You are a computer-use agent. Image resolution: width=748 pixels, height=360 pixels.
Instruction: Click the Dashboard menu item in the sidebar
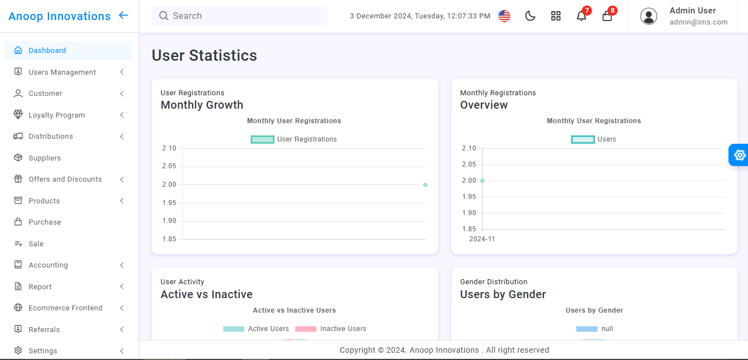[47, 51]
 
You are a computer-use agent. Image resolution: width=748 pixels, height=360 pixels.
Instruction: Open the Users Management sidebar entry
[62, 72]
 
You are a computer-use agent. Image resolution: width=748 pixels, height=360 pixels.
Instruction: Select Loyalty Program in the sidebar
[56, 115]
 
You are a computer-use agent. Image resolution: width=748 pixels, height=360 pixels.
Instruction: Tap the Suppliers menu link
[45, 158]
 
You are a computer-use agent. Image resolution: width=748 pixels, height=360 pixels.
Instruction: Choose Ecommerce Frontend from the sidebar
[65, 308]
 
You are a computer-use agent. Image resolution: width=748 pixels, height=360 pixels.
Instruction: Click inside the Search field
[240, 16]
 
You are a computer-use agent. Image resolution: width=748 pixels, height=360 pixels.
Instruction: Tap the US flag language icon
[504, 16]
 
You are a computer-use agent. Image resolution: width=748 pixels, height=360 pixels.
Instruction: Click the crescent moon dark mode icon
[530, 16]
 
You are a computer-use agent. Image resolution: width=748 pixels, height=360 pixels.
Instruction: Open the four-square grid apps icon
[556, 16]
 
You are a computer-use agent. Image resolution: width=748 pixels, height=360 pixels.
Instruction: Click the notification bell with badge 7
[581, 16]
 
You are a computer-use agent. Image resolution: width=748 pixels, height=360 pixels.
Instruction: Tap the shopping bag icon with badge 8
[607, 16]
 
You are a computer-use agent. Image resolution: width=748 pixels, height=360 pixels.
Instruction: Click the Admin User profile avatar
[648, 16]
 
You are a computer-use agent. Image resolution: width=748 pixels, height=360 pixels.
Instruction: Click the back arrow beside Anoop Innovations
[124, 16]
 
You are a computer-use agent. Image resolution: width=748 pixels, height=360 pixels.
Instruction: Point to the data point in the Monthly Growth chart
[425, 185]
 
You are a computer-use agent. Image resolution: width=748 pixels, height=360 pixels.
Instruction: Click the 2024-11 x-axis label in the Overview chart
[482, 239]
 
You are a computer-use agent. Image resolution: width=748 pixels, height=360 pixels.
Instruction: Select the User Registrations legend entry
[294, 139]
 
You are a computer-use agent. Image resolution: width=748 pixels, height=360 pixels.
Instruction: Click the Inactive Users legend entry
[331, 329]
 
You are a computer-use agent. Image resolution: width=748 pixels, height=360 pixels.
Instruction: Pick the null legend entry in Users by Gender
[595, 329]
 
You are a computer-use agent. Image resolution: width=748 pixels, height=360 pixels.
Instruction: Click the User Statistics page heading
[204, 56]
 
